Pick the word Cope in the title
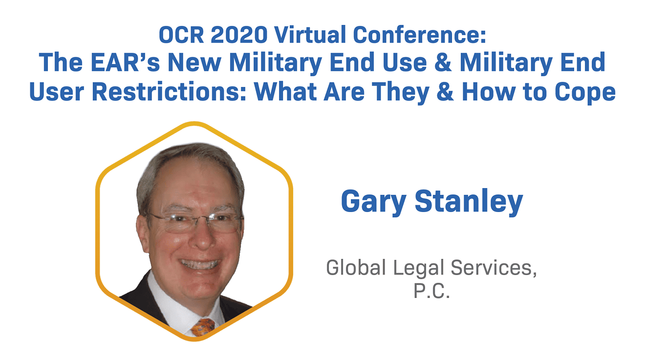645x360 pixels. coord(591,91)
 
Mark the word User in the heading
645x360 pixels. coord(57,91)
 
